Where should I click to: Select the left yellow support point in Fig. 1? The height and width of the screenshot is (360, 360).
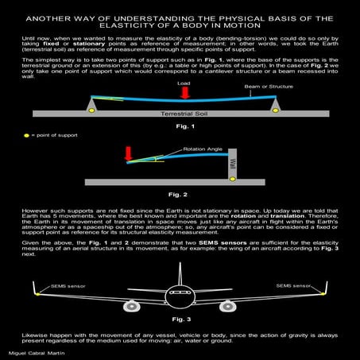pos(92,110)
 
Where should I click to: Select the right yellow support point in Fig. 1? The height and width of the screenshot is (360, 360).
pos(275,110)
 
